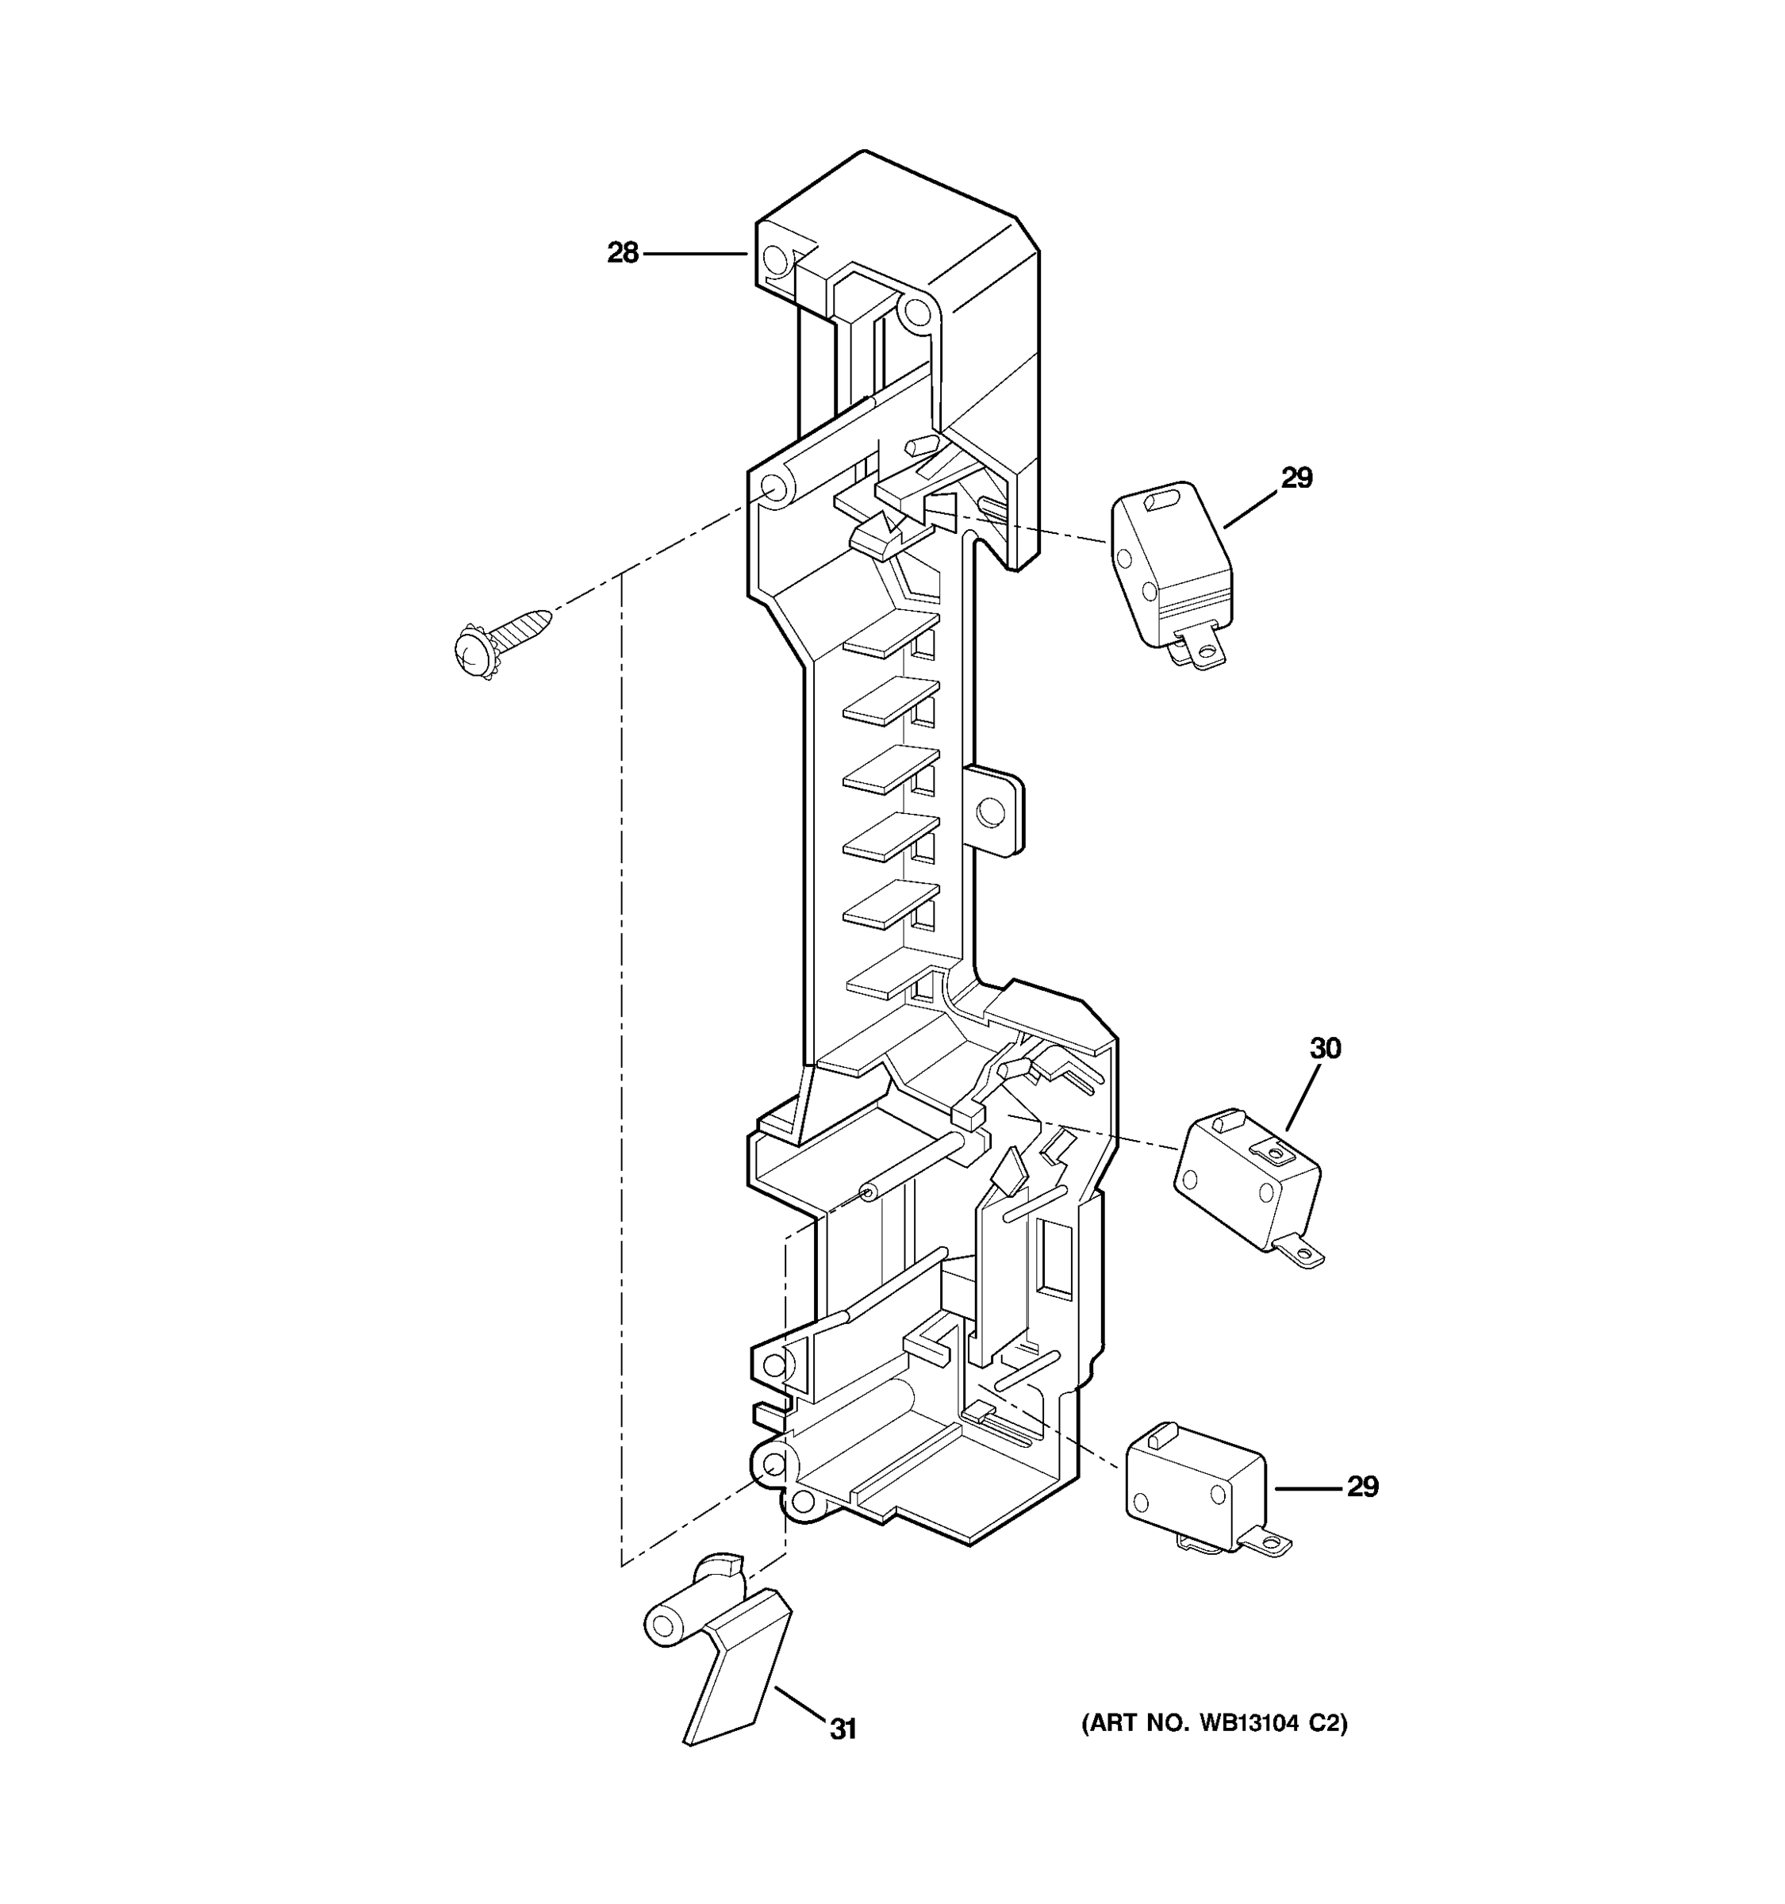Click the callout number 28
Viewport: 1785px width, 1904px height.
(623, 253)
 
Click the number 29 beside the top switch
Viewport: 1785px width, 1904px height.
(1296, 477)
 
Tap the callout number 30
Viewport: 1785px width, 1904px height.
(1326, 1048)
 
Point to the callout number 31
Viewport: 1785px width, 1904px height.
(843, 1729)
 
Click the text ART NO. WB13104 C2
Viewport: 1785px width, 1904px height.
(1215, 1724)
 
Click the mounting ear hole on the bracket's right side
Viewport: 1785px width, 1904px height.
(988, 813)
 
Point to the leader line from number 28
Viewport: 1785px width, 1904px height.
(694, 254)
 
